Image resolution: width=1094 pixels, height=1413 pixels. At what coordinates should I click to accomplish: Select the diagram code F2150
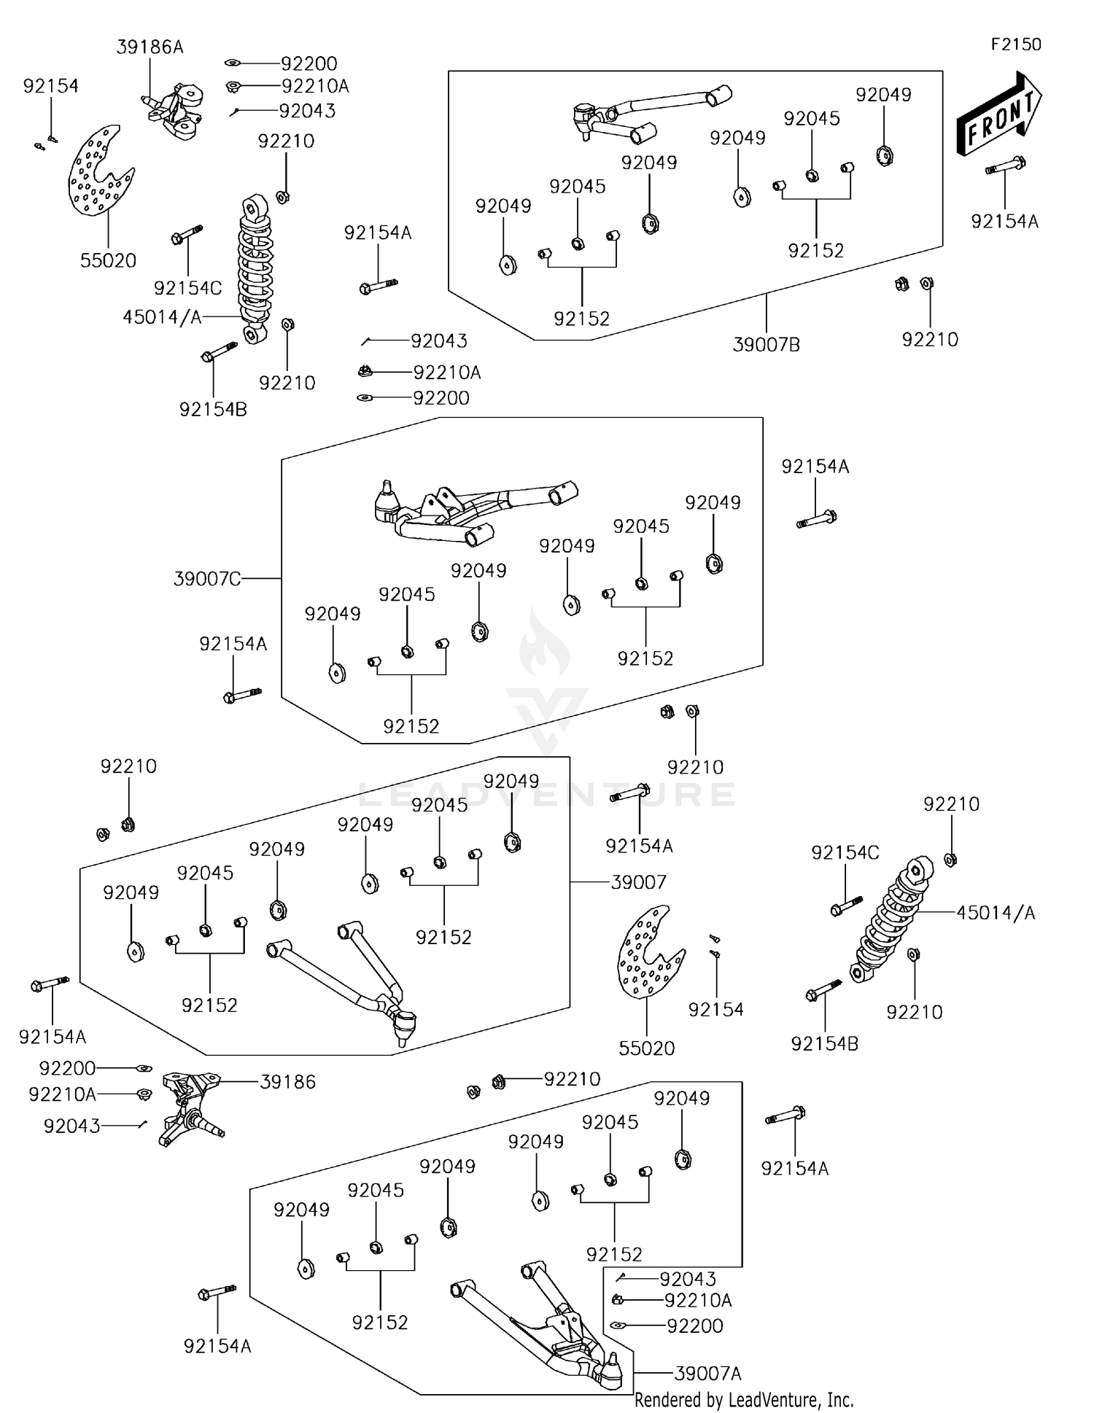pyautogui.click(x=1015, y=44)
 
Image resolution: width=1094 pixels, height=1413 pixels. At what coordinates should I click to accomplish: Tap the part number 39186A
pyautogui.click(x=150, y=47)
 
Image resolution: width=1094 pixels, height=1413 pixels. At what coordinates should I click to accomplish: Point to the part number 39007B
pyautogui.click(x=766, y=345)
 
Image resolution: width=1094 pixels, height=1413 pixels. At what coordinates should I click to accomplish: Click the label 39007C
pyautogui.click(x=207, y=579)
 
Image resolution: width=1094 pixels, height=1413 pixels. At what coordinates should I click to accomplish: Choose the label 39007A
pyautogui.click(x=707, y=1374)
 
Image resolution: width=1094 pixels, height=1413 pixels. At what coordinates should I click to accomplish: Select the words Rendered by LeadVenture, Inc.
pyautogui.click(x=744, y=1400)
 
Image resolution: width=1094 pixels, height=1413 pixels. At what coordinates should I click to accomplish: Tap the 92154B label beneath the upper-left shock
pyautogui.click(x=213, y=410)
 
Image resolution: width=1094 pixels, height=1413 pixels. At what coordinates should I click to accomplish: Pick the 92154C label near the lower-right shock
pyautogui.click(x=845, y=852)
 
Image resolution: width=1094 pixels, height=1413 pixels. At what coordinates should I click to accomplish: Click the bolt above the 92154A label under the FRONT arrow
pyautogui.click(x=1005, y=166)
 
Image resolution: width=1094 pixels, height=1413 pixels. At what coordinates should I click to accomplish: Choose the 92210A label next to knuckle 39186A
pyautogui.click(x=315, y=87)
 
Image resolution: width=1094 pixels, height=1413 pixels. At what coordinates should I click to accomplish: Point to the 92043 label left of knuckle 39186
pyautogui.click(x=71, y=1126)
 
